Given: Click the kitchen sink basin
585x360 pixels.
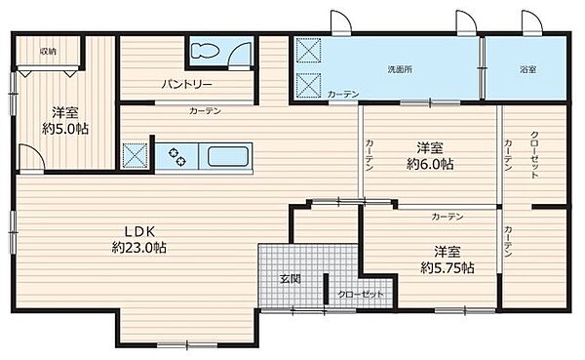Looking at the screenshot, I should point(227,154).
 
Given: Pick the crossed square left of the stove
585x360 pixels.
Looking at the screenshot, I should point(136,155).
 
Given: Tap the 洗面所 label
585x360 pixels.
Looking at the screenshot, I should point(401,70).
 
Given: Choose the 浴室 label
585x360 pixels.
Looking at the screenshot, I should point(526,70).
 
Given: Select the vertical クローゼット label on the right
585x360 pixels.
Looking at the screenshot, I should point(534,155).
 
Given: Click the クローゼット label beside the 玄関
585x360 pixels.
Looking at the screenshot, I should point(362,294).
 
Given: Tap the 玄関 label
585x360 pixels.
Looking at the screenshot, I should point(290,279).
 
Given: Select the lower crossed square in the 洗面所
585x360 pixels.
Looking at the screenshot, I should point(310,83).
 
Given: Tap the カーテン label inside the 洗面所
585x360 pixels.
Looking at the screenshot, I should point(343,94).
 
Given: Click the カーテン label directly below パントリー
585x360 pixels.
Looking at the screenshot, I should point(206,111).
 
